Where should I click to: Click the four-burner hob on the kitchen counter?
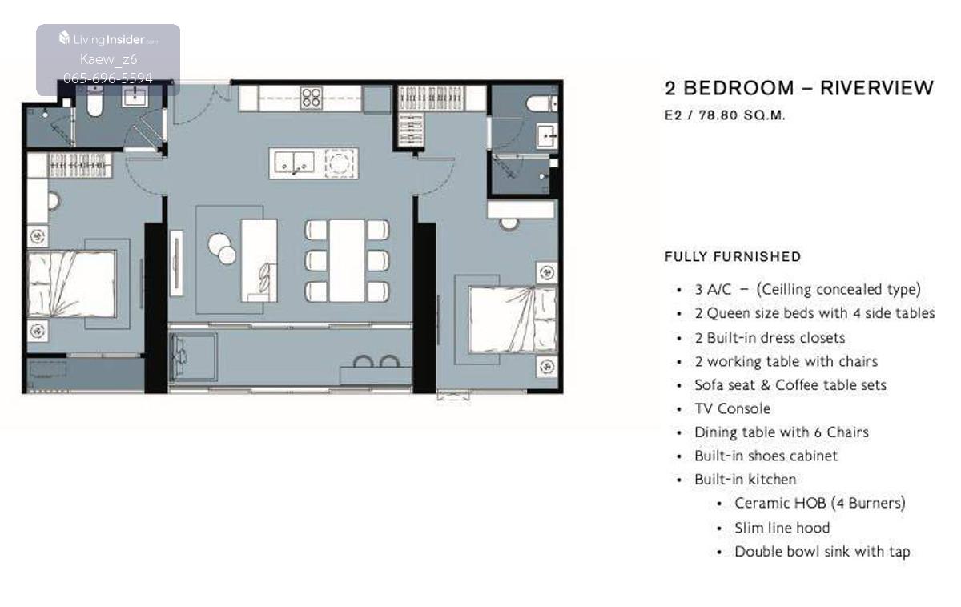pos(312,98)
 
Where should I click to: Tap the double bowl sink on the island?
pos(295,163)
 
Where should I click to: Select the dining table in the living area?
pos(347,261)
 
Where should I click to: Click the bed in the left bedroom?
pos(71,284)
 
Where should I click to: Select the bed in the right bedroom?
pos(513,320)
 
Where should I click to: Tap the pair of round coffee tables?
pos(222,249)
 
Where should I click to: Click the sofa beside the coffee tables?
pos(259,261)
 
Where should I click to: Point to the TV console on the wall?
pos(176,263)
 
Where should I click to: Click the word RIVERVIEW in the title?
pos(876,88)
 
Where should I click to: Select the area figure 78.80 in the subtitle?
pos(718,115)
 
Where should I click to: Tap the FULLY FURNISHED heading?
pos(732,257)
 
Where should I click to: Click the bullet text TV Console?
pos(732,409)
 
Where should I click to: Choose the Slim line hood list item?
pos(782,528)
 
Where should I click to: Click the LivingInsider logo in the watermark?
pos(108,39)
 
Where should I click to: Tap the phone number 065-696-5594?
pos(108,78)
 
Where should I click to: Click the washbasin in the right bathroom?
pos(547,135)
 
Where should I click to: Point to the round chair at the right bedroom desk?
pos(509,224)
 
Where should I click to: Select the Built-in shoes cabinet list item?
pos(766,456)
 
